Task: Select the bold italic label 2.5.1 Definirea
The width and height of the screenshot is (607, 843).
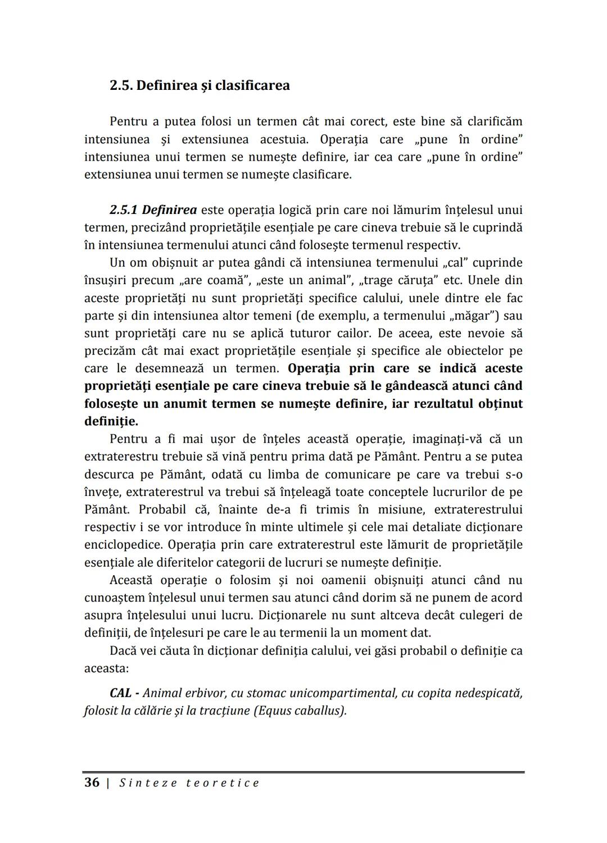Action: point(153,210)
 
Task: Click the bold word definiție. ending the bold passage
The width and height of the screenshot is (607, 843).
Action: point(111,421)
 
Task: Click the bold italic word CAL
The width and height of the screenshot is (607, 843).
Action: point(121,693)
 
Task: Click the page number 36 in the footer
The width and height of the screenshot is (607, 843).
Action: point(92,783)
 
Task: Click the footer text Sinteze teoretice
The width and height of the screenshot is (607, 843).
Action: point(189,783)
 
